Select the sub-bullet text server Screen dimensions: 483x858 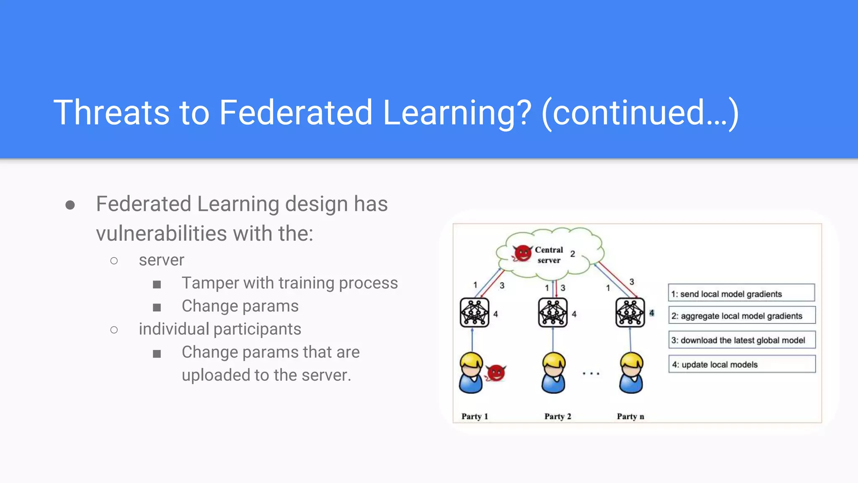161,260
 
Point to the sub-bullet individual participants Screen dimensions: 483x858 220,329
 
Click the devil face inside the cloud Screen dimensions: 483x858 522,253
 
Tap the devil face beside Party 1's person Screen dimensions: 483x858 496,373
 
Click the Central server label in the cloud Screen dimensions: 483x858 549,255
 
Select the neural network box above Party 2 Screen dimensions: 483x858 553,313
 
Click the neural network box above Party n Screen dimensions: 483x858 630,313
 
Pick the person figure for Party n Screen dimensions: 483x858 631,373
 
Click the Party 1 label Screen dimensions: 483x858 475,416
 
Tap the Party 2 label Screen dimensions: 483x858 558,416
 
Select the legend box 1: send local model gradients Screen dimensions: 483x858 741,293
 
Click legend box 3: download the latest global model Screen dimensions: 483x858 742,340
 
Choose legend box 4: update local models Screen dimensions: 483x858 742,364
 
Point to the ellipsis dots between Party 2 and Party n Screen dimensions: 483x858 591,373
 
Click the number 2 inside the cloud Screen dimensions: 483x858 573,254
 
